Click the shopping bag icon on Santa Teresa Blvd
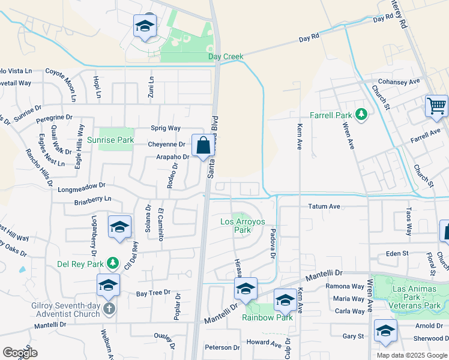203,146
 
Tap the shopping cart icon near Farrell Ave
436,106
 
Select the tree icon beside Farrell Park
361,114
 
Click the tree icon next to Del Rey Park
112,263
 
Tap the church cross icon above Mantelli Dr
109,308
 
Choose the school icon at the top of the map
144,26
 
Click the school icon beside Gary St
385,331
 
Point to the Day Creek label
226,57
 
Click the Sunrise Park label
118,140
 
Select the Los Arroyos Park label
243,226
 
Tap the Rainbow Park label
267,317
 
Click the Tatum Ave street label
324,206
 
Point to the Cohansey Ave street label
398,82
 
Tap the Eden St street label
397,254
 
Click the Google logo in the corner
20,352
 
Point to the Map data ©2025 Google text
411,355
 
